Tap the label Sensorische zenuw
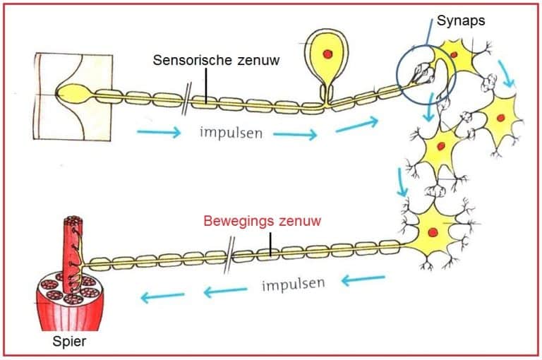(x=216, y=61)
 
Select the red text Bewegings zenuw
(x=262, y=221)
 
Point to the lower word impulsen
(x=293, y=285)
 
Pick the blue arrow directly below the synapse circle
(x=429, y=114)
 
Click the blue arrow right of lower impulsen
(x=363, y=280)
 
